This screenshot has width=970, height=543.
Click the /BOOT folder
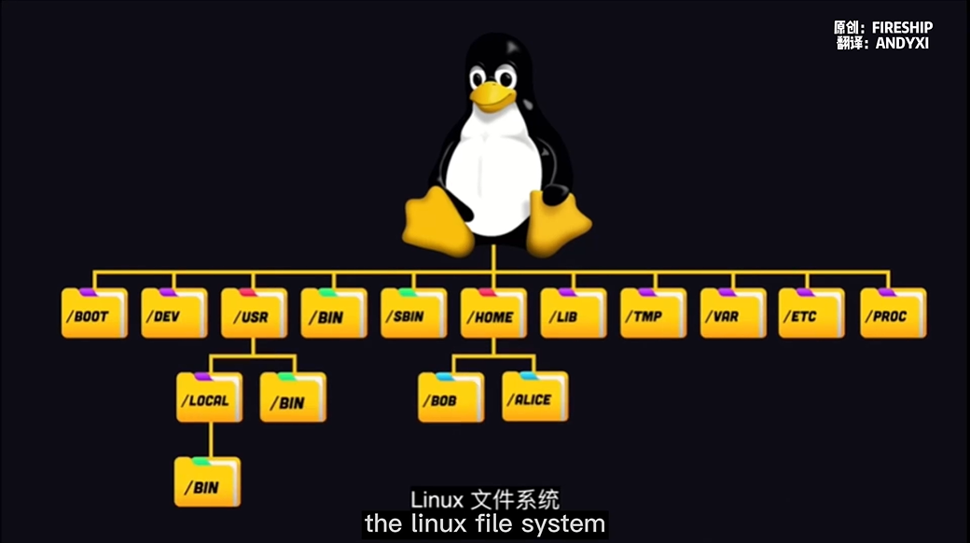(94, 313)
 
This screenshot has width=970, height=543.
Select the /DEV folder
(173, 313)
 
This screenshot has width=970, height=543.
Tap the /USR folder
(254, 313)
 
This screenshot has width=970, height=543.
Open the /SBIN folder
(413, 313)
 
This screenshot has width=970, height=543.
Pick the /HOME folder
(493, 313)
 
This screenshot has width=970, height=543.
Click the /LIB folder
(573, 313)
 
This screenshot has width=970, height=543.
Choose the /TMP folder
(653, 313)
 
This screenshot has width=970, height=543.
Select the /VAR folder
(733, 313)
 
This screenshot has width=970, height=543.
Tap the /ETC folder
(811, 313)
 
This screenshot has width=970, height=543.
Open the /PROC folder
(893, 313)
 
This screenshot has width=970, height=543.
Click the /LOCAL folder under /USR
(210, 398)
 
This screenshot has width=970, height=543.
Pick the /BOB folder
(450, 398)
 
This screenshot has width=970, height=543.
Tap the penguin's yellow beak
(492, 94)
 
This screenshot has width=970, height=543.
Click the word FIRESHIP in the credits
(902, 28)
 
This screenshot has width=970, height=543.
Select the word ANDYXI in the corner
(902, 43)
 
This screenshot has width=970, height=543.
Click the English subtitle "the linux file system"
(484, 523)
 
